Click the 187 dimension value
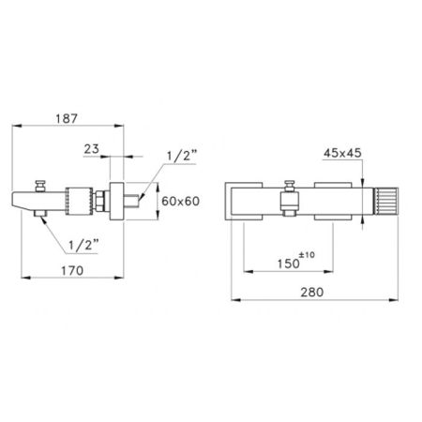pos(67,119)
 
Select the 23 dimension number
pos(92,149)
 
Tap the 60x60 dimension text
pos(180,201)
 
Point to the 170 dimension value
pos(72,271)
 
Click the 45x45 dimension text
pos(342,153)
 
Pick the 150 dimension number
pos(289,264)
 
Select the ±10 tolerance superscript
pos(307,255)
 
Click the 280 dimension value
pos(312,293)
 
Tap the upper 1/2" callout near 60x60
pos(182,156)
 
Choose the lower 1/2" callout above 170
pos(83,245)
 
